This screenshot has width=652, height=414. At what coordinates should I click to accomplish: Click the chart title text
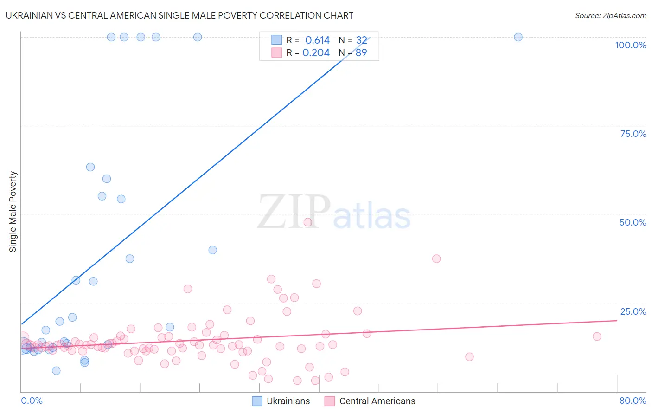coord(179,15)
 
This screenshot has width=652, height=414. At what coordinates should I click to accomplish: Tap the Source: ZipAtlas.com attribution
coord(610,15)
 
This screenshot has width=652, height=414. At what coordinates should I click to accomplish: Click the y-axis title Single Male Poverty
coord(13,212)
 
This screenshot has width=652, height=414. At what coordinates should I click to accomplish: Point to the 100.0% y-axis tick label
coord(630,45)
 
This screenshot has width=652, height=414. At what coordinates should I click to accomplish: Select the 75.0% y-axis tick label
coord(633,134)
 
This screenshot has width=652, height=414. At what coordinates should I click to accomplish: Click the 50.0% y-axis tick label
coord(633,222)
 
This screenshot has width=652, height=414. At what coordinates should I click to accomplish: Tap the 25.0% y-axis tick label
coord(633,311)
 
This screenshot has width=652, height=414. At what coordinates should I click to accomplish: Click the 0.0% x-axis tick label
coord(32,401)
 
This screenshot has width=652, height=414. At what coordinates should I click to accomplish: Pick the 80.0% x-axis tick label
coord(633,401)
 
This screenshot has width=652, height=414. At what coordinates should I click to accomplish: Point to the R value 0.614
coord(317,40)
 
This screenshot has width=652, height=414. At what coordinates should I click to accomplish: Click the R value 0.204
coord(316,52)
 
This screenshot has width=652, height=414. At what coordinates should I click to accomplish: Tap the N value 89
coord(361,52)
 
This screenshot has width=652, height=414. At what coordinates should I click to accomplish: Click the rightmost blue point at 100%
coord(518,37)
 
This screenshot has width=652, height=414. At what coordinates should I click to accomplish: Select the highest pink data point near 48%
coord(307,222)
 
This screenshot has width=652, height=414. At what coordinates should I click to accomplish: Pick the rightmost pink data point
coord(597,336)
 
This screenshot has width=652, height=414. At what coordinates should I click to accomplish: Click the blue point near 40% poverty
coord(212,250)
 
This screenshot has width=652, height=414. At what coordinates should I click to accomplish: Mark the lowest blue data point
coord(56,370)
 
